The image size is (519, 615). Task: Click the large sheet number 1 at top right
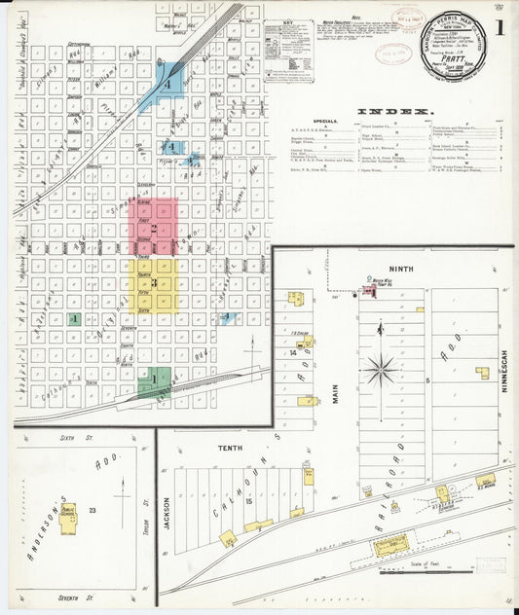point(499,28)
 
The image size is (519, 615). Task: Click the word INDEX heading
point(395,112)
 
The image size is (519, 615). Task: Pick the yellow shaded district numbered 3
point(153,284)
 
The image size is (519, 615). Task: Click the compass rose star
point(381,370)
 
